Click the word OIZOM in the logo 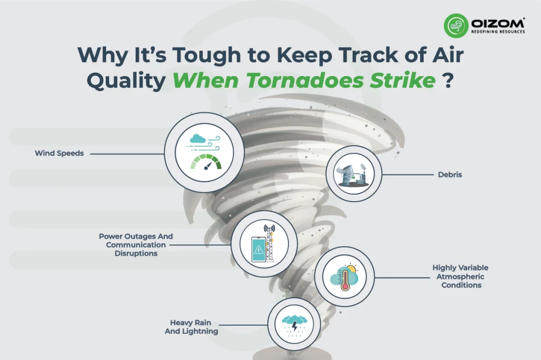497,23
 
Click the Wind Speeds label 59,153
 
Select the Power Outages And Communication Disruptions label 136,244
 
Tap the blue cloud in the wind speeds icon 198,138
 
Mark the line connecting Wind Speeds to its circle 126,154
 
